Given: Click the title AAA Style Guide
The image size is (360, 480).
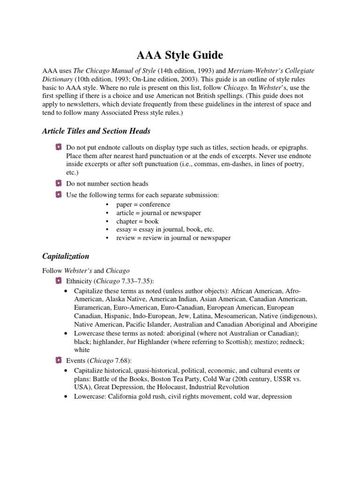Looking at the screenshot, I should click(180, 55).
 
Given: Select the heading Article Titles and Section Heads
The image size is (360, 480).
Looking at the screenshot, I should click(96, 131).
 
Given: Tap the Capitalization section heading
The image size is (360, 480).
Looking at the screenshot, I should click(66, 256).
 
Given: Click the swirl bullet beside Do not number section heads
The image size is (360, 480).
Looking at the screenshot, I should click(58, 184).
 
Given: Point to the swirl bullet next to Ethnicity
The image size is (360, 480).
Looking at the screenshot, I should click(58, 281).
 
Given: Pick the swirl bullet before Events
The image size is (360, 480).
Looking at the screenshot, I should click(58, 361).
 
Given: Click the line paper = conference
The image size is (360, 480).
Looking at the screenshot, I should click(143, 204).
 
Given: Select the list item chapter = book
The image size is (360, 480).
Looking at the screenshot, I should click(138, 221).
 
